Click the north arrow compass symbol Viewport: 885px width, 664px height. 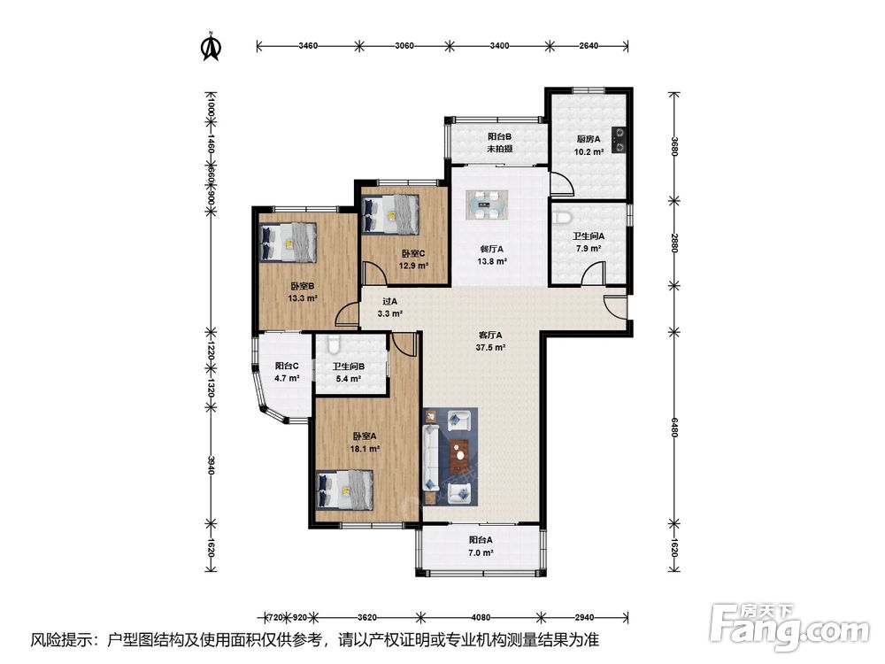coord(212,47)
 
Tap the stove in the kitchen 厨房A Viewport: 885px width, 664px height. coord(619,140)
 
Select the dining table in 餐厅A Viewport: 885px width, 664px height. coord(487,205)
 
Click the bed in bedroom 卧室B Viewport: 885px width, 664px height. coord(288,242)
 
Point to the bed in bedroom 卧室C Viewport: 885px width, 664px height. coord(390,214)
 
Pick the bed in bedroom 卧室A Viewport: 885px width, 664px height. coord(345,490)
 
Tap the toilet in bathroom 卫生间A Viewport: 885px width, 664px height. coord(562,216)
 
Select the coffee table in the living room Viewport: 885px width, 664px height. coord(460,453)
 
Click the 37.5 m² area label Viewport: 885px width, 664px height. coord(490,348)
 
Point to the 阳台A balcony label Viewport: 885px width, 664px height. coord(481,540)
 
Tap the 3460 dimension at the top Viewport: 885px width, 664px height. coord(308,46)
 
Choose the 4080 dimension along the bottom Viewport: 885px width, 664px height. coord(481,618)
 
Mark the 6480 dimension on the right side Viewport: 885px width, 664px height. coord(674,428)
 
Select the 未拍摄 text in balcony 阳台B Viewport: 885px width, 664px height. coord(499,149)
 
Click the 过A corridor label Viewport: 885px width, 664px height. coord(390,302)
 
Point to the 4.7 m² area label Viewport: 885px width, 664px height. coord(287,378)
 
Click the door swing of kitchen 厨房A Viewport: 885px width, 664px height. coord(562,185)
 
